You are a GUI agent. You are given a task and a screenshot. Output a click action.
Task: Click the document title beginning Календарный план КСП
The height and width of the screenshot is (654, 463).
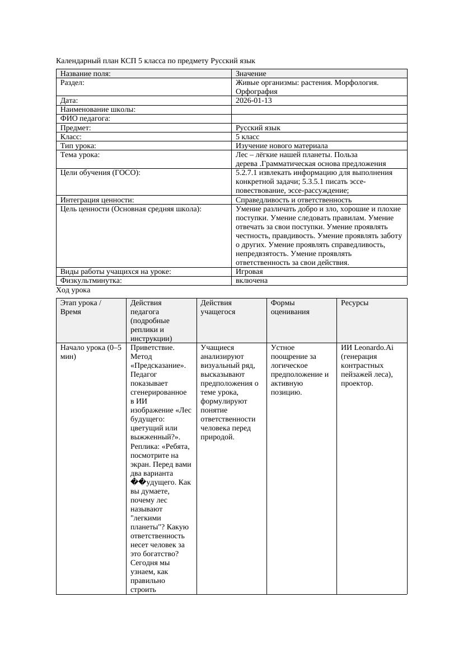click(156, 60)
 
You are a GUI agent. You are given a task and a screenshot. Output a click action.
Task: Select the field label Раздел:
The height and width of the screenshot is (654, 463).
click(72, 83)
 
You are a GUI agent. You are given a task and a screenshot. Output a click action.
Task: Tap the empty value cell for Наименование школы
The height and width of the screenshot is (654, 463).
click(319, 110)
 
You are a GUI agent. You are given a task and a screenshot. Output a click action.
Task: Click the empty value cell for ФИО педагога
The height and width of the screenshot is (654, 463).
click(319, 119)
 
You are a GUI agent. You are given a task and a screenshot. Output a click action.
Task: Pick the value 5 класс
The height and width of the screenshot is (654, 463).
click(247, 136)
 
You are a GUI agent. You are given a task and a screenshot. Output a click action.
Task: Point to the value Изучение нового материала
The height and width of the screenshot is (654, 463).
click(282, 145)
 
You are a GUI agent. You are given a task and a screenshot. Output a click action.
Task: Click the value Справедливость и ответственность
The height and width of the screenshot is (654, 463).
click(293, 200)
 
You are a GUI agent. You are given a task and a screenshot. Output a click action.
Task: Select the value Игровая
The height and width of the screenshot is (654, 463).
click(249, 272)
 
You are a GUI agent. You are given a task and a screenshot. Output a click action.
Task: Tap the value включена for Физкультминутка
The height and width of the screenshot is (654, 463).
click(251, 281)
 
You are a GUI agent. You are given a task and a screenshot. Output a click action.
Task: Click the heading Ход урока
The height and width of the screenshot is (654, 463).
click(73, 290)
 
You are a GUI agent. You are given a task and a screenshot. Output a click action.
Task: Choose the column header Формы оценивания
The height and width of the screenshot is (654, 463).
click(290, 307)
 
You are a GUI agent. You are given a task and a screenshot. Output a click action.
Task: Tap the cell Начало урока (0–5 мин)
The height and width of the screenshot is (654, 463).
click(90, 352)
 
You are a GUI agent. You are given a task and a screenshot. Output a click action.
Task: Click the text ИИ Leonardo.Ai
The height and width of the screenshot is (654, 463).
click(367, 348)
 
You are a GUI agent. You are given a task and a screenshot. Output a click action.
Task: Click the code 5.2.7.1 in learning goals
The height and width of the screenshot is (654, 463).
click(246, 173)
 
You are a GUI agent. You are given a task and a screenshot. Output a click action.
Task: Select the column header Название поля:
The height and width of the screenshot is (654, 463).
click(86, 74)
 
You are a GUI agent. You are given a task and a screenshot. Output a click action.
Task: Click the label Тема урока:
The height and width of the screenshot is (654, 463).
click(79, 154)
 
